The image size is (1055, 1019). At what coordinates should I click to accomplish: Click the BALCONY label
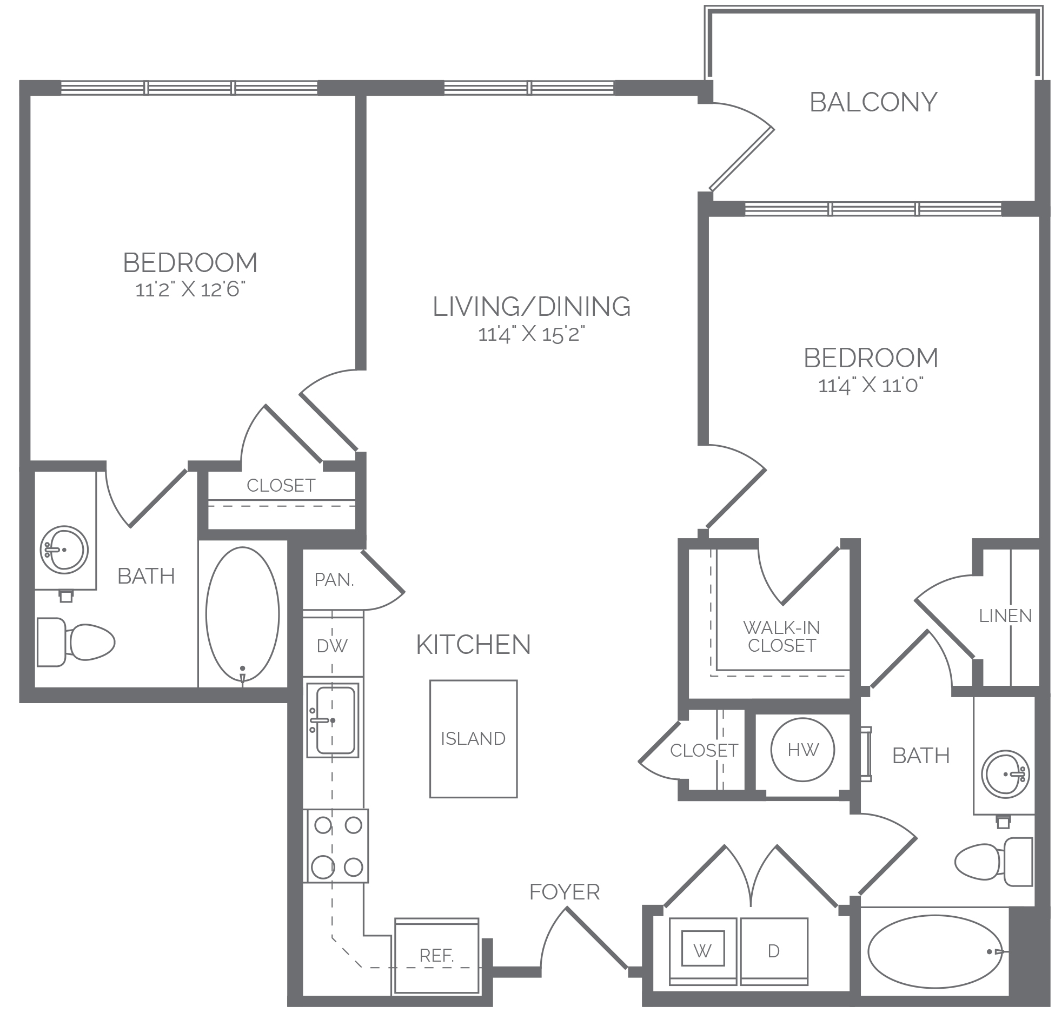[x=873, y=102]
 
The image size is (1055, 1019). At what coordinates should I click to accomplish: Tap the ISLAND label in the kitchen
[x=473, y=738]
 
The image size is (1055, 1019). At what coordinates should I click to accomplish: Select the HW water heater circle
[x=802, y=750]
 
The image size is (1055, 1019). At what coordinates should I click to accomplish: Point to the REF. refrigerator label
[x=436, y=956]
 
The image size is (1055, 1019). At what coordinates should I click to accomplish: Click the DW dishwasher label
[x=332, y=646]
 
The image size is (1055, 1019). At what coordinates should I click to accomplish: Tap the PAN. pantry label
[x=334, y=580]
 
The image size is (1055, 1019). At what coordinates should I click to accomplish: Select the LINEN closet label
[x=1005, y=616]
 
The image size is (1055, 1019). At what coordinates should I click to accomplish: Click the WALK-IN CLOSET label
[x=781, y=637]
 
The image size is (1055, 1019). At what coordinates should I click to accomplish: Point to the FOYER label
[x=565, y=892]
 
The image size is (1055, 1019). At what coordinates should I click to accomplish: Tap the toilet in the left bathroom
[x=76, y=642]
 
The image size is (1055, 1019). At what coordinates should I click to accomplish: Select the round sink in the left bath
[x=64, y=550]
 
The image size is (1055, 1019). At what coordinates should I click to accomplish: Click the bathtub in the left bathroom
[x=243, y=614]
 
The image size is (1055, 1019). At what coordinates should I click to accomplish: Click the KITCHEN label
[x=474, y=645]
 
